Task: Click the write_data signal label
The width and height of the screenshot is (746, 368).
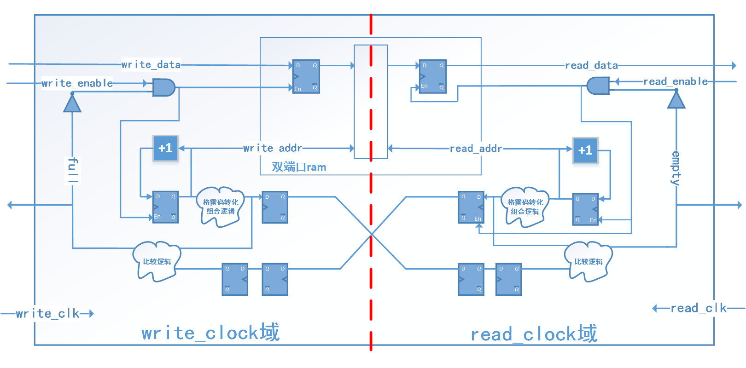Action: click(x=151, y=64)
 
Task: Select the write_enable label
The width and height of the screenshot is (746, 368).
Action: click(x=77, y=83)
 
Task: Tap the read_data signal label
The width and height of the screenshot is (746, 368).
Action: click(x=591, y=65)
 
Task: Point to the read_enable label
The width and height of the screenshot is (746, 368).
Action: click(x=675, y=81)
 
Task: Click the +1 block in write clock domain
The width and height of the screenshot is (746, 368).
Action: click(x=165, y=148)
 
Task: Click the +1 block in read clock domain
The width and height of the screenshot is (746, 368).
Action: click(x=585, y=150)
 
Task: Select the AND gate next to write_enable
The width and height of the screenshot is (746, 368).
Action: click(x=163, y=87)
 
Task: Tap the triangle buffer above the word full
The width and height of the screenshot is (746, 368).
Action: click(x=72, y=103)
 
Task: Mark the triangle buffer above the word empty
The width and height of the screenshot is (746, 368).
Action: click(x=676, y=100)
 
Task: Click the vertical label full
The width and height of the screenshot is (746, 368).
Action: click(x=72, y=170)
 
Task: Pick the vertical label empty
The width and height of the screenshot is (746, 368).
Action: click(x=676, y=168)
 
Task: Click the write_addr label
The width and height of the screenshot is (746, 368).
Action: click(x=273, y=148)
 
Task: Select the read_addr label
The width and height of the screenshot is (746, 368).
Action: click(x=476, y=149)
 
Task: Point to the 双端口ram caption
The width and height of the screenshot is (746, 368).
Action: click(x=299, y=167)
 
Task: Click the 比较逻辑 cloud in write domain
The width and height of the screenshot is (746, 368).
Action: click(x=157, y=261)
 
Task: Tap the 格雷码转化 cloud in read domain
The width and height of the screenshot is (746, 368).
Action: click(x=525, y=207)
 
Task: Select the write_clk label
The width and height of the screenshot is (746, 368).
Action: click(x=47, y=314)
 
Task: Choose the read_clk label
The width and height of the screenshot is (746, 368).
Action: click(x=698, y=308)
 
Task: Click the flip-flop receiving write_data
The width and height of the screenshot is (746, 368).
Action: click(x=306, y=76)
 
